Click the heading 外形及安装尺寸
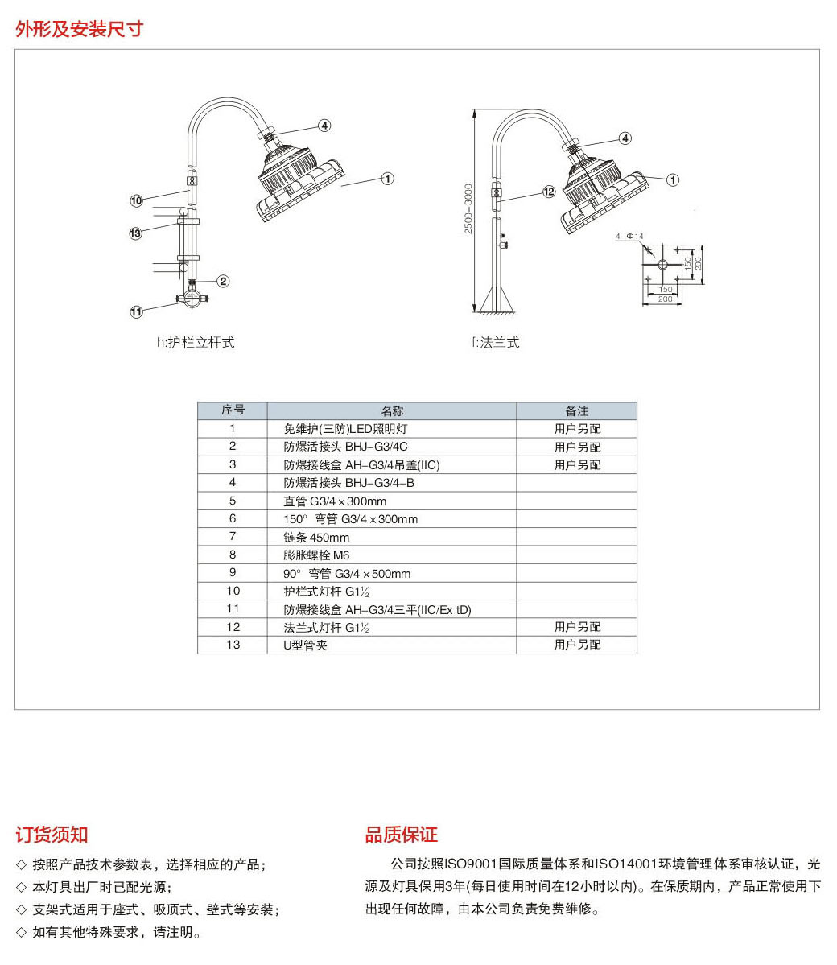pos(79,29)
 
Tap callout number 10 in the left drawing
pos(137,200)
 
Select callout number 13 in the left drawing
pos(135,233)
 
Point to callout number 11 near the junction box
pos(137,311)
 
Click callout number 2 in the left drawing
pos(223,281)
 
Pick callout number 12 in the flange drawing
pos(549,192)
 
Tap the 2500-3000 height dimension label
pos(468,209)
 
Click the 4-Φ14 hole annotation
pos(629,237)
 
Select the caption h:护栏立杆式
pos(196,342)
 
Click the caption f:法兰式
pos(496,342)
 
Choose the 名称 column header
pos(392,410)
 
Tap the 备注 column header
pos(577,410)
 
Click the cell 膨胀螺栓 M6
pos(316,555)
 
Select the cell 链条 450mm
pos(316,537)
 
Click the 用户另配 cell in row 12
pos(577,626)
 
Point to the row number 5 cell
pos(233,501)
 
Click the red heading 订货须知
pos(52,835)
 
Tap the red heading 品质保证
pos(401,835)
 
